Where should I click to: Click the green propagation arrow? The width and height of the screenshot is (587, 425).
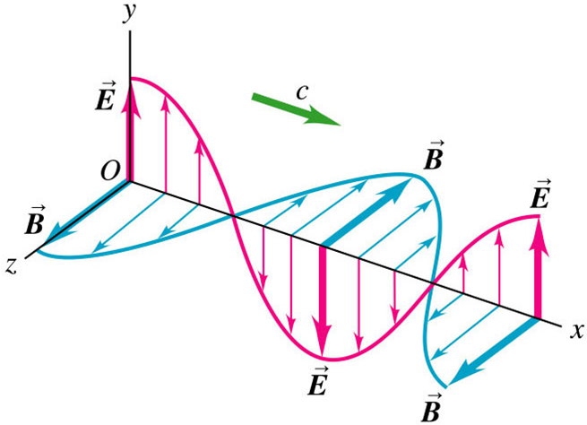[296, 109]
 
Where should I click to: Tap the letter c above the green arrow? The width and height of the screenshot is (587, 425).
[305, 89]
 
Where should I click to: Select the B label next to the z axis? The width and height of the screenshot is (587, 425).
[34, 223]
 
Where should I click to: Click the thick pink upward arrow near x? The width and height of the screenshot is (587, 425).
[538, 269]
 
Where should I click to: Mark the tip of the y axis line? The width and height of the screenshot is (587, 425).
[131, 32]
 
